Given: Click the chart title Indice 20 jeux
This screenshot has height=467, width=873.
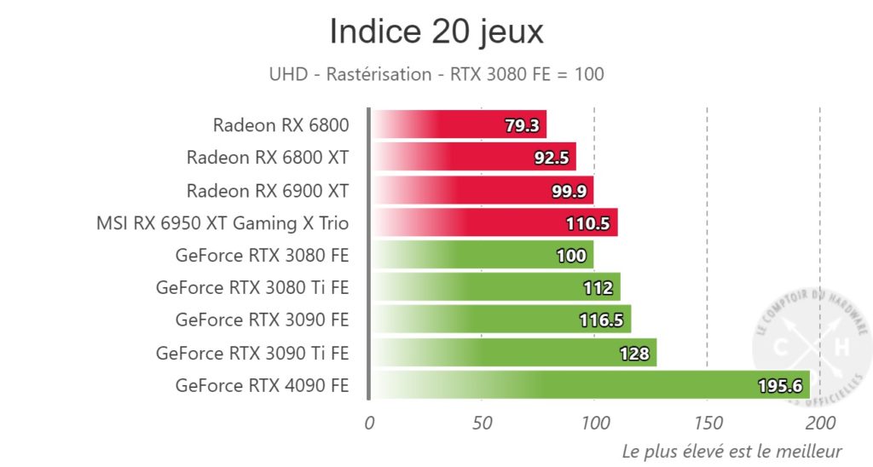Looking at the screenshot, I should coord(436,32).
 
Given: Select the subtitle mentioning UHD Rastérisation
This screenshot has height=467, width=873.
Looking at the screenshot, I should coord(436,74).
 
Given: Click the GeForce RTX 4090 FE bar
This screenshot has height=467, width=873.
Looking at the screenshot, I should coord(588,385).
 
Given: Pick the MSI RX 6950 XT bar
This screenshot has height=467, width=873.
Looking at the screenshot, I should coord(494,223).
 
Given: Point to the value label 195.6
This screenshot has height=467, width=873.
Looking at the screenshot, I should coord(779,386).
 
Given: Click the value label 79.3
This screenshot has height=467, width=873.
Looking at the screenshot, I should coord(522,126).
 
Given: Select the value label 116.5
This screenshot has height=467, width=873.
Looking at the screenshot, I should coord(601,320).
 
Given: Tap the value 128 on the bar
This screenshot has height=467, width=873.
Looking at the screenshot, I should coord(634,354).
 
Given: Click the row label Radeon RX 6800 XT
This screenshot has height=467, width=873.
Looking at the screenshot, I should coord(268,158).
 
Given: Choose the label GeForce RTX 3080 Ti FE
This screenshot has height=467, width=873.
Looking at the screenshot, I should coord(252,288).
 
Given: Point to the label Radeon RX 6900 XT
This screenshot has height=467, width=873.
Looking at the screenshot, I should coord(268,190).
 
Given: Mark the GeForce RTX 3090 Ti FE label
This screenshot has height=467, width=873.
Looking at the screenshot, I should coord(252,353).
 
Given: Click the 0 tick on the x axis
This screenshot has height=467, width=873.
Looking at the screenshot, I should coord(369,422).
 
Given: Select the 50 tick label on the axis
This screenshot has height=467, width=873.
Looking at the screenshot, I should coord(482,422).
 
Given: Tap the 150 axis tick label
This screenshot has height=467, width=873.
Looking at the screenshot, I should coord(708,422).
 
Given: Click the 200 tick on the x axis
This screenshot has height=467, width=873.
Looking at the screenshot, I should coord(820,422).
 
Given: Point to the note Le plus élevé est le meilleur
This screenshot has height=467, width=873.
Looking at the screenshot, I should coord(731,450).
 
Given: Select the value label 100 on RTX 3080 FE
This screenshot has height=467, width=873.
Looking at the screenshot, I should coord(571,256).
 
